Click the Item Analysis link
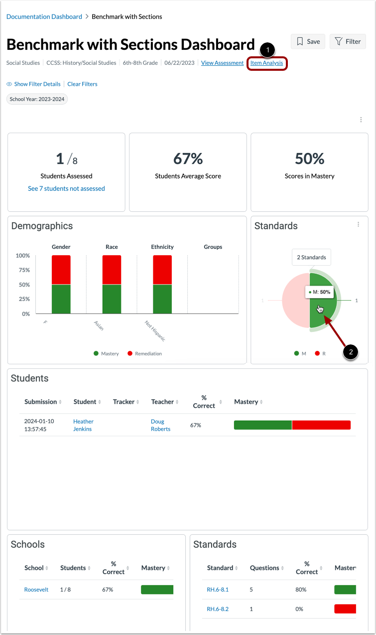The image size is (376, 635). (x=266, y=63)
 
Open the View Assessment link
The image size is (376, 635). (x=222, y=63)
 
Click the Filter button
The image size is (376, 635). (x=348, y=41)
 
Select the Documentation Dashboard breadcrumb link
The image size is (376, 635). (x=44, y=17)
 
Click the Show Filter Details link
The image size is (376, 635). (x=37, y=84)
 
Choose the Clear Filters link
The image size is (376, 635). (x=82, y=84)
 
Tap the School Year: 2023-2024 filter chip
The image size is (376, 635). (x=37, y=99)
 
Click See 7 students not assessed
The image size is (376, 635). (x=66, y=188)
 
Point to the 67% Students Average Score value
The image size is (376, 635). (x=188, y=159)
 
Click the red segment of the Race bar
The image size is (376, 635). (x=112, y=270)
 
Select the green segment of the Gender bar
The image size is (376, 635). (x=61, y=299)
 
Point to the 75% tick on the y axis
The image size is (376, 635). (x=23, y=270)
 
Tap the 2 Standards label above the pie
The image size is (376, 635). (x=311, y=257)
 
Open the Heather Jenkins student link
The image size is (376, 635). (x=83, y=425)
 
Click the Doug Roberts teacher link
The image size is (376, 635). (x=160, y=425)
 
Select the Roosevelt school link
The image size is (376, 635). (x=36, y=590)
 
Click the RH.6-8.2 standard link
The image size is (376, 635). (x=218, y=609)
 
